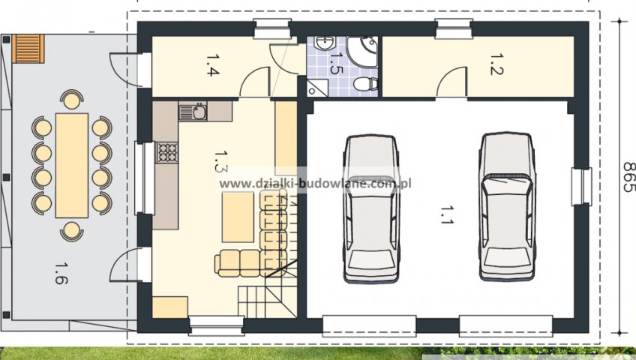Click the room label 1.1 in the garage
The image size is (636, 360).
click(x=446, y=214)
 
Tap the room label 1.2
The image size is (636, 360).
click(x=496, y=64)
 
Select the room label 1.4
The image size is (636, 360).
click(x=212, y=65)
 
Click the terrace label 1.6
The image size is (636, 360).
click(x=61, y=273)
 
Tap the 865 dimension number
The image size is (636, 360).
click(x=628, y=177)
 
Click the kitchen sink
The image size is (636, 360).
click(x=193, y=112)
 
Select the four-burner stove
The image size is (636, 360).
click(x=166, y=152)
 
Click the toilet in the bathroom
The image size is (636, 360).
click(x=366, y=85)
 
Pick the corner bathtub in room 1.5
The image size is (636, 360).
click(x=364, y=52)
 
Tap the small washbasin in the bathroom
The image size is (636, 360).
click(x=325, y=43)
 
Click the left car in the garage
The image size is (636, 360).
click(x=371, y=209)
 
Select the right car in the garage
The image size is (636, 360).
click(x=507, y=207)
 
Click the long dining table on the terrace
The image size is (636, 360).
click(x=72, y=166)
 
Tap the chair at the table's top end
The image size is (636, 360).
click(x=72, y=100)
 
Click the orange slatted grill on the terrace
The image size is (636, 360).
click(x=28, y=49)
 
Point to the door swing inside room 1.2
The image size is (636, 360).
click(x=451, y=82)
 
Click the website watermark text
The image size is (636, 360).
click(x=315, y=183)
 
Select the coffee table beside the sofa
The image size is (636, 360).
click(x=238, y=217)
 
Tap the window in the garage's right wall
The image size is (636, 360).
click(x=581, y=187)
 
